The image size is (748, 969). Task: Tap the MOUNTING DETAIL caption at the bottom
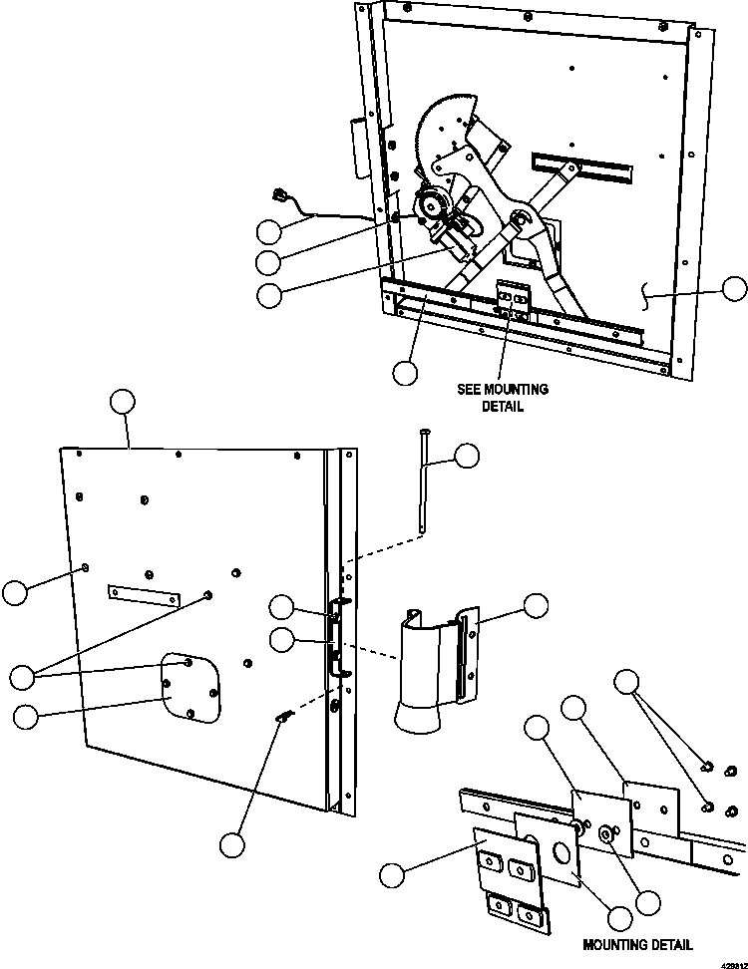(x=636, y=945)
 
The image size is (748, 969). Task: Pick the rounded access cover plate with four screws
(x=190, y=686)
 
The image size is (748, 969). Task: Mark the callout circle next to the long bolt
(x=466, y=457)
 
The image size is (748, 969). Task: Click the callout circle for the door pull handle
(x=537, y=606)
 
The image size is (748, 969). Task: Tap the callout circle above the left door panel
(x=122, y=402)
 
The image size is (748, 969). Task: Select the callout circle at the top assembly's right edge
(x=734, y=289)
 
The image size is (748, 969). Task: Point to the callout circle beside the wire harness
(x=268, y=231)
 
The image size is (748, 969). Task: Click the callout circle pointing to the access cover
(x=27, y=715)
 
